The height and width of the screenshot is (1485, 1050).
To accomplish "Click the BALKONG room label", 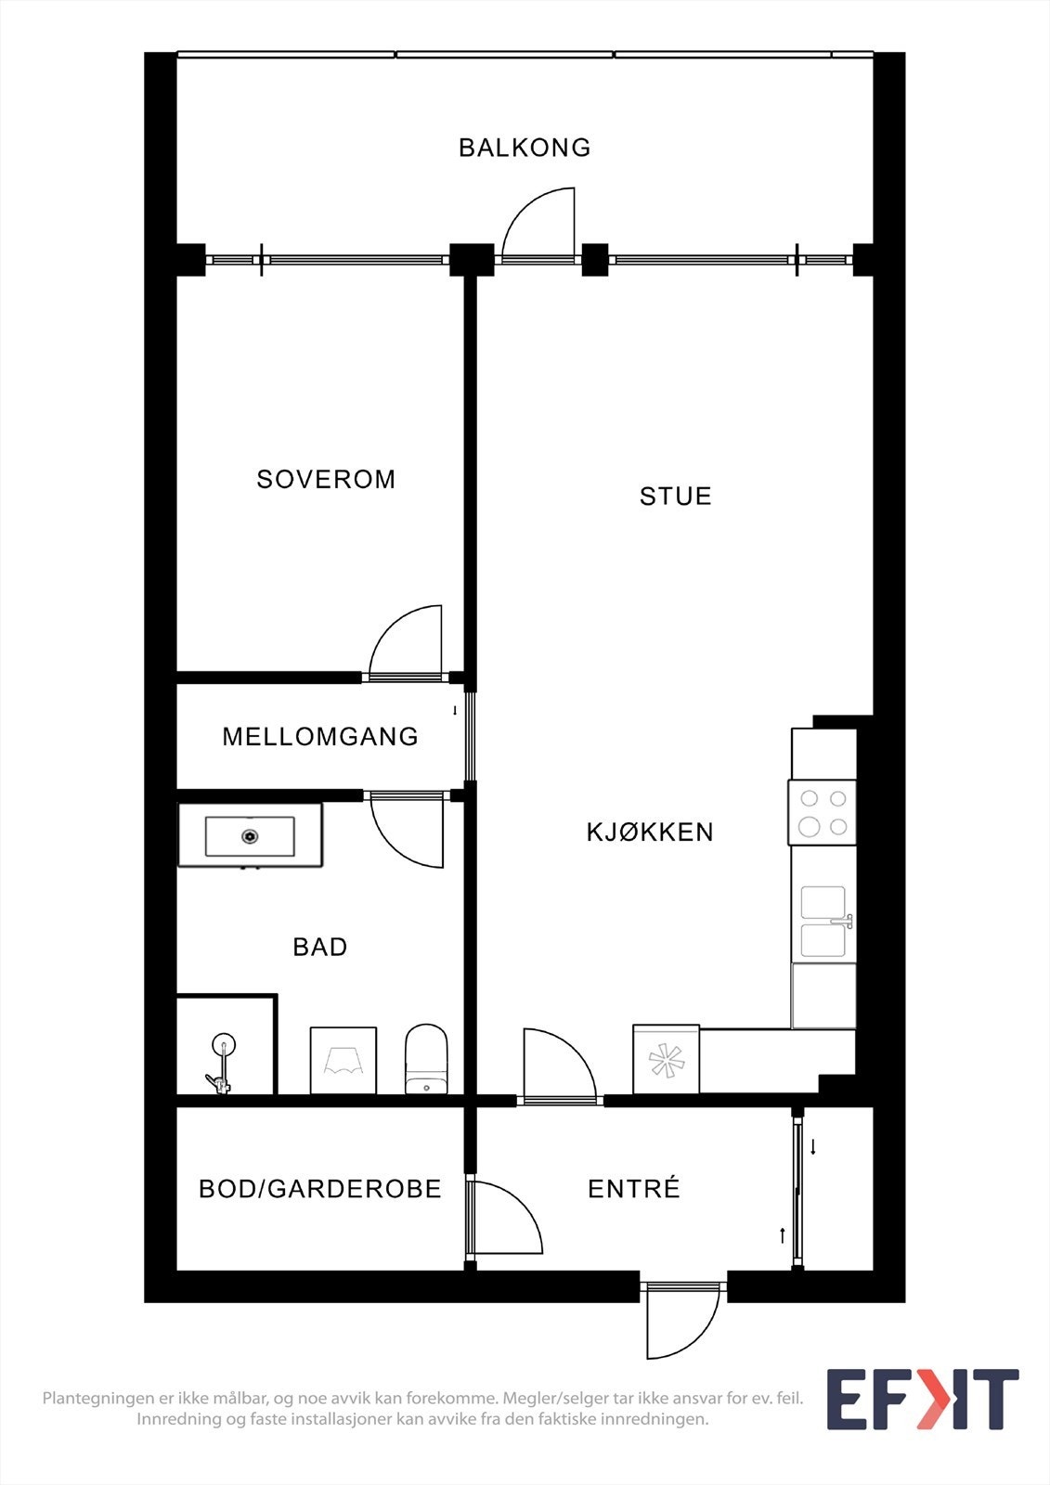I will pyautogui.click(x=525, y=148).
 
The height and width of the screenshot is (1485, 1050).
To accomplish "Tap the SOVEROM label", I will pyautogui.click(x=326, y=479).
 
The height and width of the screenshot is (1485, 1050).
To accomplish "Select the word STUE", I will pyautogui.click(x=675, y=496).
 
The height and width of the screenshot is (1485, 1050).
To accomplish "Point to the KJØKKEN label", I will pyautogui.click(x=650, y=832).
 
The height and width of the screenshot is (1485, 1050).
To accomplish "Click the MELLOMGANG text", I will pyautogui.click(x=320, y=736).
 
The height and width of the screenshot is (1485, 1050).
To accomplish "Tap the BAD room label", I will pyautogui.click(x=319, y=947).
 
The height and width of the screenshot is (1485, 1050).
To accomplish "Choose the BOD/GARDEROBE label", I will pyautogui.click(x=319, y=1189).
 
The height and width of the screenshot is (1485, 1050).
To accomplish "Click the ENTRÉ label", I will pyautogui.click(x=634, y=1189).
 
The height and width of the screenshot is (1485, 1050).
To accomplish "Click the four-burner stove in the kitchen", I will pyautogui.click(x=823, y=812).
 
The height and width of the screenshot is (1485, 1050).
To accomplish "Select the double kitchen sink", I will pyautogui.click(x=823, y=922).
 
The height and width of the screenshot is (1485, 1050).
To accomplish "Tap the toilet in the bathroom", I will pyautogui.click(x=426, y=1060).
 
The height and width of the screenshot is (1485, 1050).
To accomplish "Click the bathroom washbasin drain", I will pyautogui.click(x=250, y=836).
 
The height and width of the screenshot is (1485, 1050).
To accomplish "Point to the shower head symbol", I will pyautogui.click(x=223, y=1046).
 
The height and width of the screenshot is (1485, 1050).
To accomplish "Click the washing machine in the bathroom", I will pyautogui.click(x=343, y=1060).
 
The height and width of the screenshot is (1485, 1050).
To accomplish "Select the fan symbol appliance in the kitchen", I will pyautogui.click(x=666, y=1060).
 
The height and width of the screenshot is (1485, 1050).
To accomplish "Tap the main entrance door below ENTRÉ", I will pyautogui.click(x=682, y=1323).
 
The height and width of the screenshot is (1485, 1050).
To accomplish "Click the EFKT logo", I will pyautogui.click(x=922, y=1399).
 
